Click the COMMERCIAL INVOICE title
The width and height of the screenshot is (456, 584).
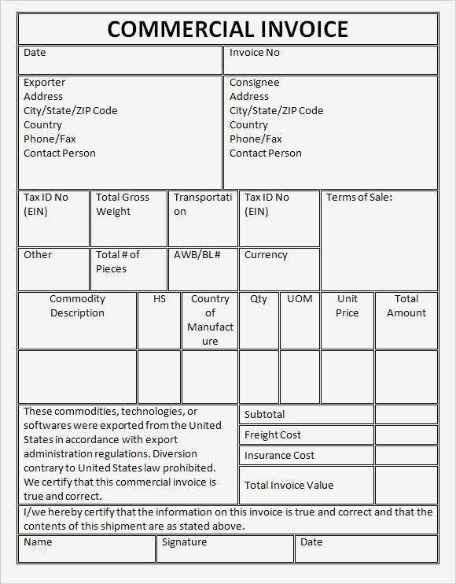point(227,29)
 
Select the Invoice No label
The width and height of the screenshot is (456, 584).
point(254,53)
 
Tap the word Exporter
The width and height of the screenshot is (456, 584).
point(44,83)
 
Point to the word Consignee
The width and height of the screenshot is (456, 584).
point(254,83)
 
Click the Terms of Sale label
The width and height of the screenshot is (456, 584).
point(359,198)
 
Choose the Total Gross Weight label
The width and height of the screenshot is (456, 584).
point(123,205)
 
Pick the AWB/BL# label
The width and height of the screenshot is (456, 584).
point(197,255)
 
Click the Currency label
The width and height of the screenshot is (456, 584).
point(266,255)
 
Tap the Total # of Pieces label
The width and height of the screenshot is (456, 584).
point(118,262)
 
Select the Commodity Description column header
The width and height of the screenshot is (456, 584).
point(77,306)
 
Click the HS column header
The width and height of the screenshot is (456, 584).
point(159,299)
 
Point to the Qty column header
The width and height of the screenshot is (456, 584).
point(259,299)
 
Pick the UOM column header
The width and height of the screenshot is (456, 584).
point(300,299)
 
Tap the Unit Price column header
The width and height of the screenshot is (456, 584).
point(348,306)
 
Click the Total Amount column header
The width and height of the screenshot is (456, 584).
point(406,306)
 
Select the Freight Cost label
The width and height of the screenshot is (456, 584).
point(272,435)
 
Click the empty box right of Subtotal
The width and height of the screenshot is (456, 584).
point(406,415)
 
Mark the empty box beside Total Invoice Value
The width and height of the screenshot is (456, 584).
point(406,485)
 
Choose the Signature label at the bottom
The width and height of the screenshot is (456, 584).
point(184,542)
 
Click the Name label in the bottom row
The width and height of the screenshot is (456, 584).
point(38,542)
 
